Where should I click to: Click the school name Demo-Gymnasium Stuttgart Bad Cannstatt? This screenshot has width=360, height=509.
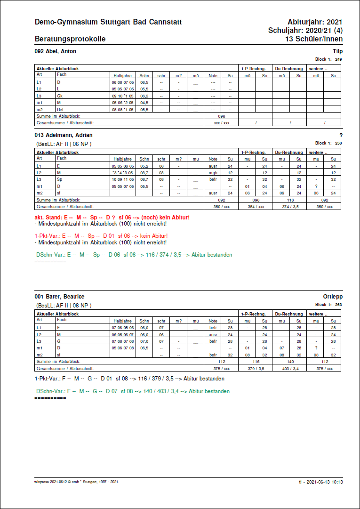tap(108, 22)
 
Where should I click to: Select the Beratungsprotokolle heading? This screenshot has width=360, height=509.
tap(70, 39)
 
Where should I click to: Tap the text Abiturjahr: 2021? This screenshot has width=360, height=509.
tap(315, 22)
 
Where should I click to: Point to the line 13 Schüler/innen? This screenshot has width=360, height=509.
tap(313, 39)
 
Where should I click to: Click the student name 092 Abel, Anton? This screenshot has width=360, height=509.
tap(56, 51)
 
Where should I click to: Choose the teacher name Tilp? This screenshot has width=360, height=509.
tap(337, 51)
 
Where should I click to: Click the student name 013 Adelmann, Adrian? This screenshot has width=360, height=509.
tap(64, 135)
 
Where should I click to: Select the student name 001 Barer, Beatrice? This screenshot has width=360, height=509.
tap(59, 297)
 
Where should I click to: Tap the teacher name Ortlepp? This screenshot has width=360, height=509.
tap(333, 297)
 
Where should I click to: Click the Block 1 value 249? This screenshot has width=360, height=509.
tap(338, 59)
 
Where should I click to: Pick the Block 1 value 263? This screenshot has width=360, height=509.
tap(338, 305)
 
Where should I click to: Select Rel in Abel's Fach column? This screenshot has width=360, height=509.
tap(60, 109)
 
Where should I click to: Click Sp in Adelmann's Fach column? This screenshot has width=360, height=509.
tap(59, 179)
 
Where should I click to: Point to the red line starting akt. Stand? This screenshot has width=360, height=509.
tap(112, 217)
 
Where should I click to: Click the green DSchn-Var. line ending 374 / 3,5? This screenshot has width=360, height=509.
tap(134, 255)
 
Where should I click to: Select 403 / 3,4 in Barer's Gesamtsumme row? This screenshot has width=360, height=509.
tap(290, 368)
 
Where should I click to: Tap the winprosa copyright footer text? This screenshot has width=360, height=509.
tap(76, 482)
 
